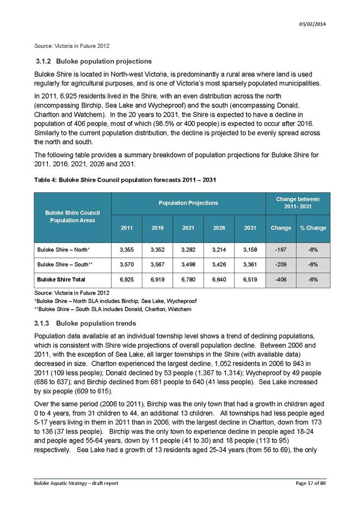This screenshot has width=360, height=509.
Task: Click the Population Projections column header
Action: tap(188, 203)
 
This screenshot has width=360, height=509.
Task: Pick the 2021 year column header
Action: tap(188, 227)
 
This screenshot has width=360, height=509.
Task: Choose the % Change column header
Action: tap(313, 227)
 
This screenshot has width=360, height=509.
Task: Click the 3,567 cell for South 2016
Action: tap(157, 265)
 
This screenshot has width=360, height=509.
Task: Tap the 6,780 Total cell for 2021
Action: tap(188, 280)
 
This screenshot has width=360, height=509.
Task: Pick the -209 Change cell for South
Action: tap(280, 265)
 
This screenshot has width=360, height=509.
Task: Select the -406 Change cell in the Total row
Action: tap(280, 280)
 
